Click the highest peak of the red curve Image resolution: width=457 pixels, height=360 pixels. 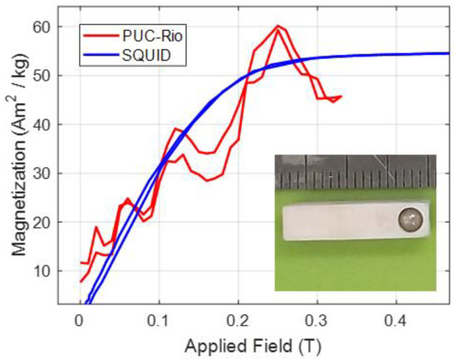(278, 27)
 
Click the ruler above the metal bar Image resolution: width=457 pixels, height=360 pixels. (357, 176)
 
